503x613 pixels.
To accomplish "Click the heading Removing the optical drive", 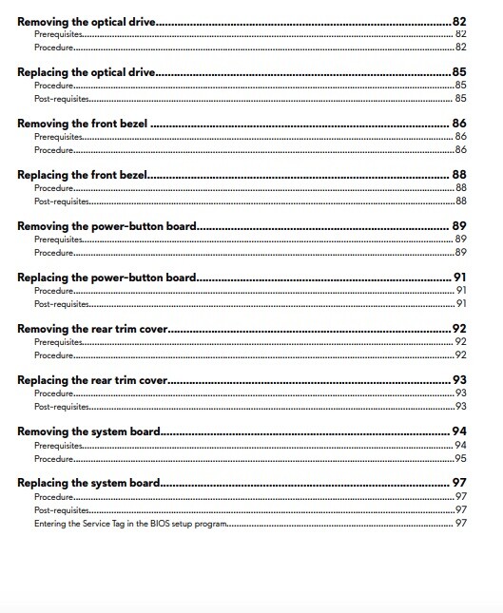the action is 87,20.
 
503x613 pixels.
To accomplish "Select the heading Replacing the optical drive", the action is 87,71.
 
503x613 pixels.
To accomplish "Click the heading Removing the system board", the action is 88,431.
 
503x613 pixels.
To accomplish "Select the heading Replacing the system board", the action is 88,483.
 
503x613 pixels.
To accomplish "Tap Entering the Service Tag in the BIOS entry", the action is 129,523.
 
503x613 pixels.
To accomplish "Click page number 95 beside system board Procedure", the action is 460,458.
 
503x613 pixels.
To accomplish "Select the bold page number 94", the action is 459,431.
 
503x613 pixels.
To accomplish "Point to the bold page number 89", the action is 459,226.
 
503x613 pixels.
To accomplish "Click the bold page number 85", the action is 459,71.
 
